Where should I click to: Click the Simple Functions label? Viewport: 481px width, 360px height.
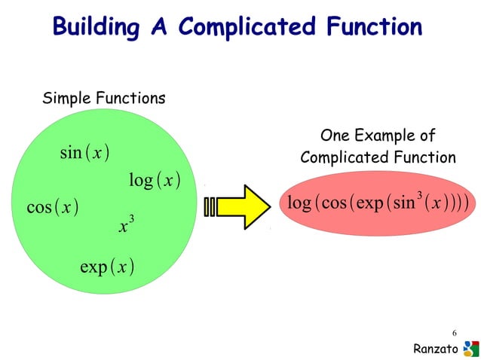[104, 99]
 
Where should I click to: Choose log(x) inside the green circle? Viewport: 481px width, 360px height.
[154, 181]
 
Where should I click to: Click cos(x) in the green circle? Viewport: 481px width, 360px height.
[53, 206]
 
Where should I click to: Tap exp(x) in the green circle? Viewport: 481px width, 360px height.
[107, 267]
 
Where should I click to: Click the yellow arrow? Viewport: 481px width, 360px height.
[245, 206]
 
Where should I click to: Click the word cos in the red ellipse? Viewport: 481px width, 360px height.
[331, 203]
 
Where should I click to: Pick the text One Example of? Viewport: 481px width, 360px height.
[378, 136]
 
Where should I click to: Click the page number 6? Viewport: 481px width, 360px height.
[455, 332]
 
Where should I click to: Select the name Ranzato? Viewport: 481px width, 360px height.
[436, 348]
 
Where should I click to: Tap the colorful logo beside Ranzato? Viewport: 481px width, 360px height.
[470, 347]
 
